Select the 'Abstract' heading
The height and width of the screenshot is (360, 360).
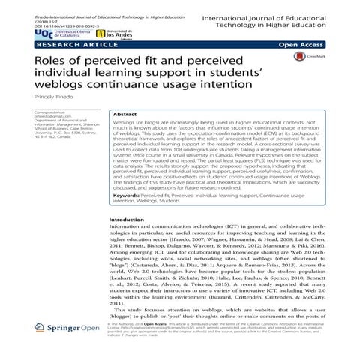(x=124, y=116)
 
